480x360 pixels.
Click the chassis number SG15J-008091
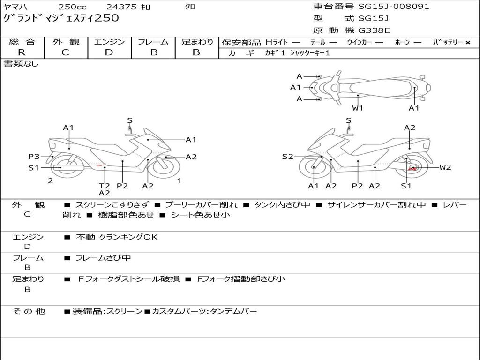point(394,7)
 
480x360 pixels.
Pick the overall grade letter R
point(22,52)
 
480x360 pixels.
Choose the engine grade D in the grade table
point(109,52)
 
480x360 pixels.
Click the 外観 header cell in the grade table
point(66,42)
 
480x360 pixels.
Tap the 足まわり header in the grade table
point(197,42)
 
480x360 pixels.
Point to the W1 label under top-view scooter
point(358,108)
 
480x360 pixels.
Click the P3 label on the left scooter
point(34,157)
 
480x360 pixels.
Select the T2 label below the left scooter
point(104,186)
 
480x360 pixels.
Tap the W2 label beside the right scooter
point(445,167)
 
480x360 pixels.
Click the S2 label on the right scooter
point(287,157)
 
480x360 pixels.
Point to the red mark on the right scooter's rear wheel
point(413,168)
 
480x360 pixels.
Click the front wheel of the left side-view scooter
point(165,167)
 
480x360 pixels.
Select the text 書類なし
point(21,64)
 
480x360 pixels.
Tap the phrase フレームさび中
point(103,258)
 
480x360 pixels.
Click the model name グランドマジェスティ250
point(61,18)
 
